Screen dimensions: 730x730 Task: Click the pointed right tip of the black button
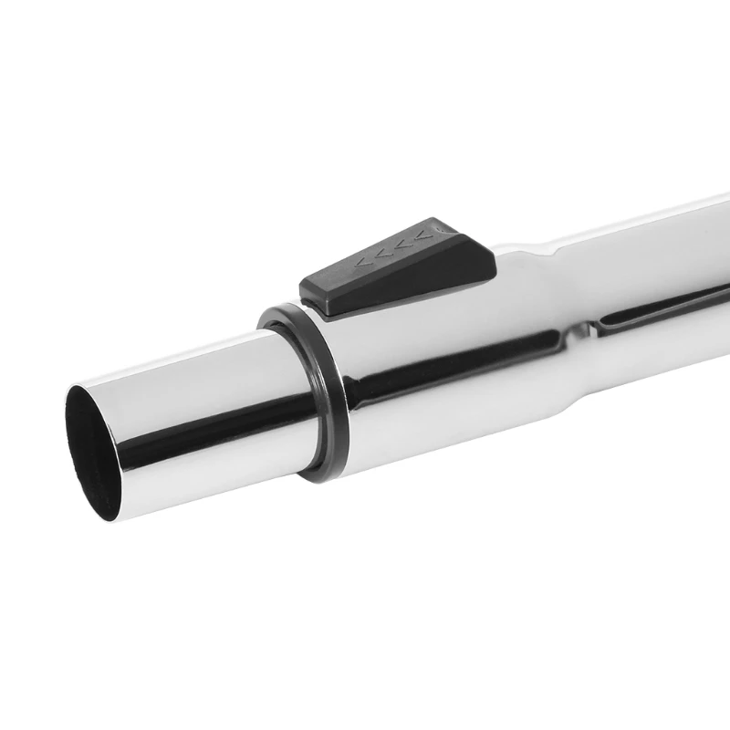(493, 266)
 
